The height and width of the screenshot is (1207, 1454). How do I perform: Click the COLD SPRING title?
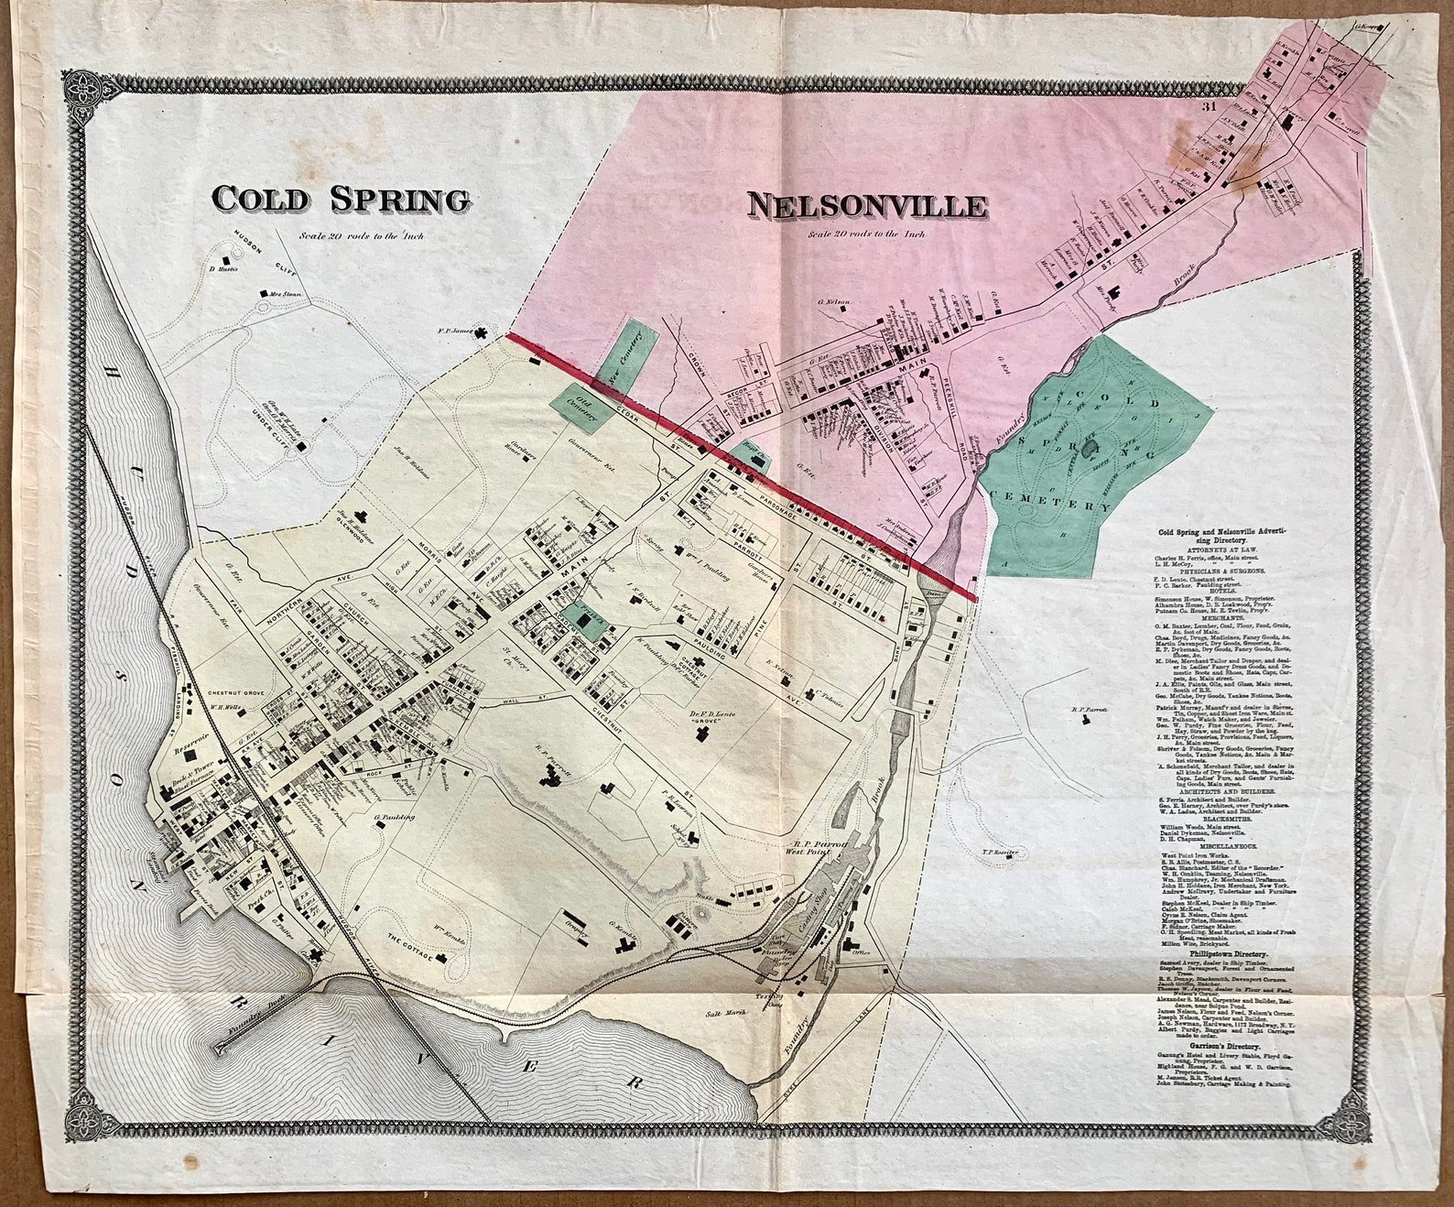[341, 199]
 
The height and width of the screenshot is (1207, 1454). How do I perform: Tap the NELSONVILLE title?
[867, 206]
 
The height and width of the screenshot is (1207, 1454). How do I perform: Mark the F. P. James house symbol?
[482, 334]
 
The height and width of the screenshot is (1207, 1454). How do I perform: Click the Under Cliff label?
[271, 424]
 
